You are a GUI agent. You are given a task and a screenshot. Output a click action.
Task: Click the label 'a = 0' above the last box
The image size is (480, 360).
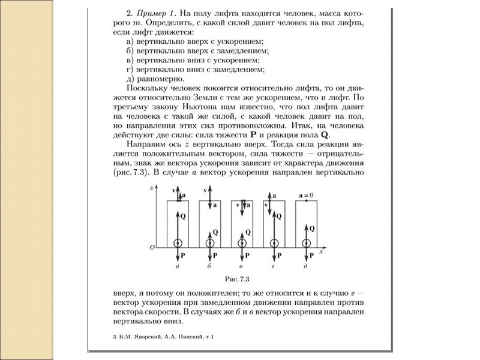click(306, 195)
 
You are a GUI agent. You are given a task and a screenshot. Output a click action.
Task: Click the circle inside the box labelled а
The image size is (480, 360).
click(178, 243)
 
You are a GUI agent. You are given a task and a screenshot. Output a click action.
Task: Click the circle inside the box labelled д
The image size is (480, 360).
click(307, 243)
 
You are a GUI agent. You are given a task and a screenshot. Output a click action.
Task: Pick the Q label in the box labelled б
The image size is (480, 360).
click(215, 232)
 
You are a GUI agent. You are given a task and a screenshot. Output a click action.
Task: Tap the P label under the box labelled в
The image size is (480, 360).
click(248, 255)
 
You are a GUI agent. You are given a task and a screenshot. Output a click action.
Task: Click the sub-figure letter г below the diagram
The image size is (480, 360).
click(274, 266)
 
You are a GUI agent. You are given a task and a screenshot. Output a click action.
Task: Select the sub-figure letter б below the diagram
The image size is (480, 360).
click(209, 266)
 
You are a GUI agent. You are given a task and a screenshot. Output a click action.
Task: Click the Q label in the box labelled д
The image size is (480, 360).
click(313, 228)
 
